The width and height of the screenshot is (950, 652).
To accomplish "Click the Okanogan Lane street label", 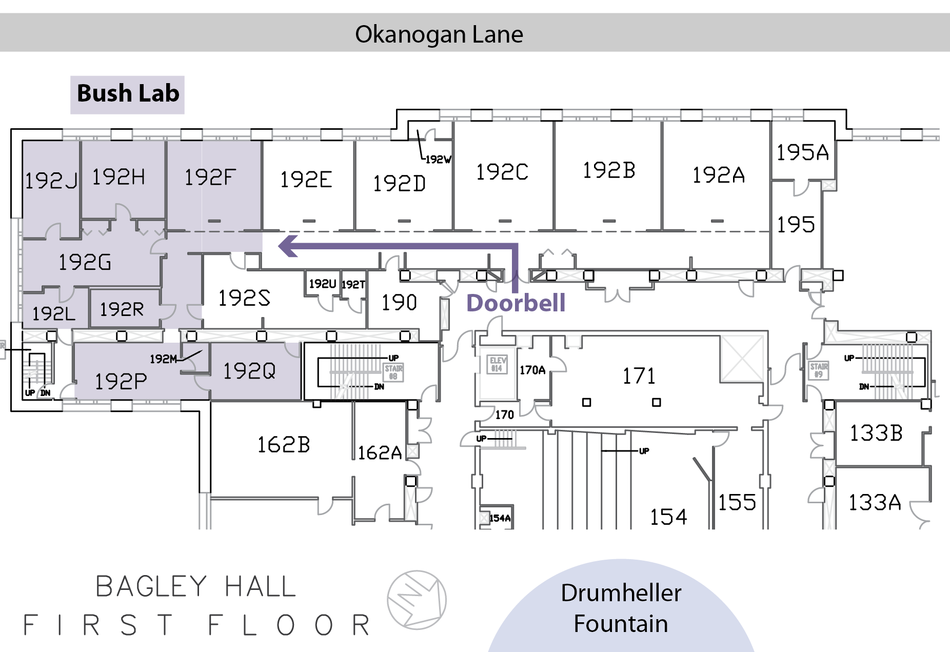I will click(x=439, y=34).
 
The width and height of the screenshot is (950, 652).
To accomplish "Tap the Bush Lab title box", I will click(x=128, y=94).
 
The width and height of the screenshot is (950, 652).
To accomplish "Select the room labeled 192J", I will click(x=51, y=180).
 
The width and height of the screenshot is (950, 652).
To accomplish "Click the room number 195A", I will click(x=802, y=152).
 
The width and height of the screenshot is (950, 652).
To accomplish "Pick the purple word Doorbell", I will click(x=516, y=303).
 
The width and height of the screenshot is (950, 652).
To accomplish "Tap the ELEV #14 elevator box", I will click(x=497, y=364).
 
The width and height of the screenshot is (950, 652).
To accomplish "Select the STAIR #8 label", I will click(x=393, y=372).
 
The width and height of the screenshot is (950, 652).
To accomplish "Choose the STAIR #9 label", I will click(x=819, y=370).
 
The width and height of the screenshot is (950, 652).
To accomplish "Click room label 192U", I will click(x=322, y=284).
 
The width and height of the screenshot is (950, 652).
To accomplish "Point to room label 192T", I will click(x=353, y=284).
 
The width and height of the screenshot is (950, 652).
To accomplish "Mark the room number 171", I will click(x=639, y=376).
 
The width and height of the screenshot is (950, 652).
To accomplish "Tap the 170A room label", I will click(x=532, y=370).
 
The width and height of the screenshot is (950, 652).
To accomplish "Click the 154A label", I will click(x=500, y=518).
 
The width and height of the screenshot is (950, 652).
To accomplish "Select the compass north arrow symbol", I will click(x=417, y=600).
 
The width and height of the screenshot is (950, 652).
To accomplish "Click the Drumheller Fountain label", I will click(x=621, y=608).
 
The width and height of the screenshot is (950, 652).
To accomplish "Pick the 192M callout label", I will click(x=163, y=359).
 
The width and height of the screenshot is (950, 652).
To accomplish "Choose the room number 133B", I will click(x=876, y=433).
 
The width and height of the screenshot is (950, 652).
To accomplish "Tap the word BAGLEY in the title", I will click(x=151, y=586).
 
